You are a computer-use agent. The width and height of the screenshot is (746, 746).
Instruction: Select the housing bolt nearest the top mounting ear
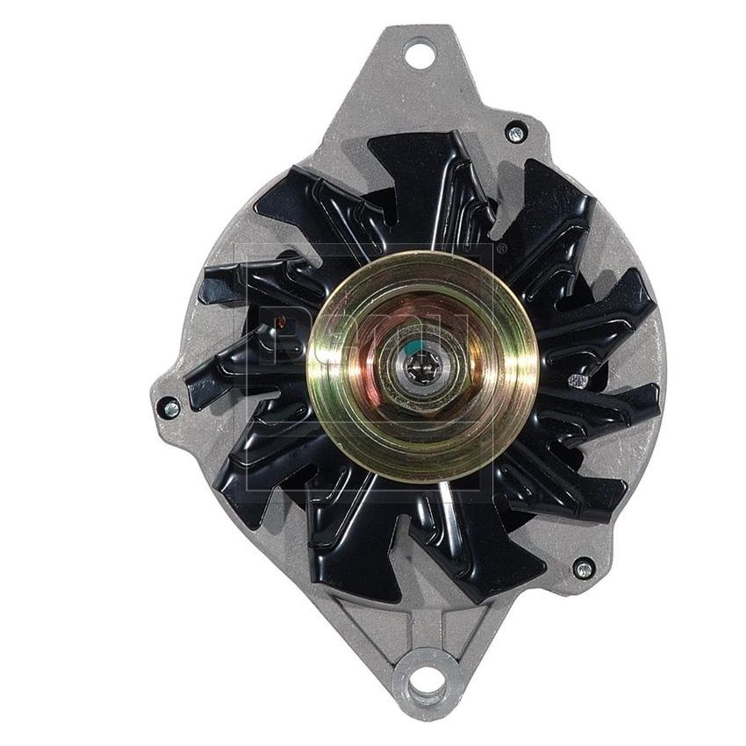516,133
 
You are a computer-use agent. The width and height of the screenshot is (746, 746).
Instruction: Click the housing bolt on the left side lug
170,408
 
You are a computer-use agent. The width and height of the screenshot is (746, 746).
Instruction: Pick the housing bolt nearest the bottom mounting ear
583,569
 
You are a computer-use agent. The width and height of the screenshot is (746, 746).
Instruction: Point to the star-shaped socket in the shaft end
421,367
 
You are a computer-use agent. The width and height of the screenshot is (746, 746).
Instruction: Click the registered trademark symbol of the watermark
501,249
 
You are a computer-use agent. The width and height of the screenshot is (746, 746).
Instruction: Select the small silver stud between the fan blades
577,380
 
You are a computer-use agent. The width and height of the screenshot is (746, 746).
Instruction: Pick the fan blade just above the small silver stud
597,316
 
